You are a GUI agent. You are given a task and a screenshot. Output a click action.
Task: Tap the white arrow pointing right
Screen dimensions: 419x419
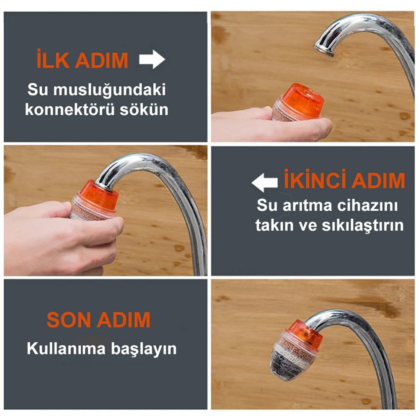(152, 59)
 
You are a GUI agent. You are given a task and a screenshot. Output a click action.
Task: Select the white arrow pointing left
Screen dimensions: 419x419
(264, 183)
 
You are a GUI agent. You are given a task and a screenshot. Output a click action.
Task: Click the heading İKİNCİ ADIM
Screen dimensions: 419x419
(344, 179)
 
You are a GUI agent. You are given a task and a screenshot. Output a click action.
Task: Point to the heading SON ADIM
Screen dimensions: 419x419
(98, 320)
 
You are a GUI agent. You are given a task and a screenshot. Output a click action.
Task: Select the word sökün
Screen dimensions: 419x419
(144, 109)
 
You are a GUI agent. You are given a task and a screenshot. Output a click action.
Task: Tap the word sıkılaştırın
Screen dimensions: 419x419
(362, 225)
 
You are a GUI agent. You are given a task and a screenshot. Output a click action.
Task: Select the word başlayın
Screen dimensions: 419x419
(144, 349)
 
